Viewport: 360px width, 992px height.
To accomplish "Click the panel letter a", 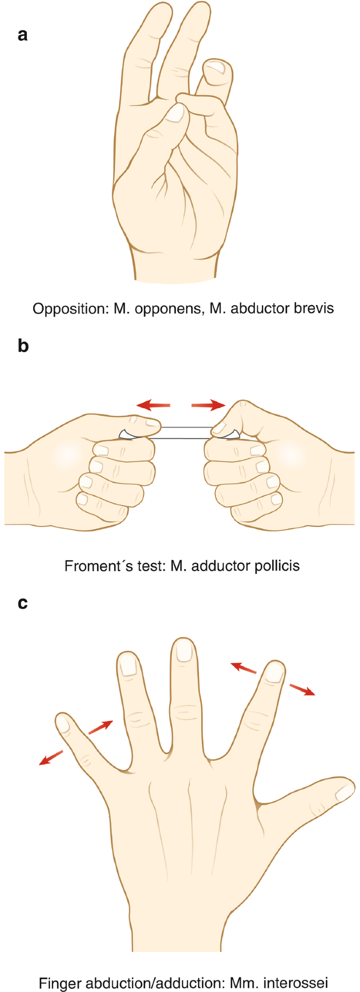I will point(23,36).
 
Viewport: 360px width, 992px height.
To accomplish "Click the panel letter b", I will point(23,346).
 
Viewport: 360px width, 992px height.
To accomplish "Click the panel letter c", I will point(23,603).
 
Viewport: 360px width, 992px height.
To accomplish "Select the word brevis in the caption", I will point(314,308).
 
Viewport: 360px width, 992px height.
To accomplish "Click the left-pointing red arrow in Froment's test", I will point(153,405).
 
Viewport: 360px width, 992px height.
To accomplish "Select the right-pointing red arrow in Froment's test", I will point(208,405).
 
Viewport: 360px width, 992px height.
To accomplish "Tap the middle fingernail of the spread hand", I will point(183,651).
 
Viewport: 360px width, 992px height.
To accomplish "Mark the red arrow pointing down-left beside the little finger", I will point(51,758).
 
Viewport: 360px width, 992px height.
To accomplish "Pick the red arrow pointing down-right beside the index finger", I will point(302,689).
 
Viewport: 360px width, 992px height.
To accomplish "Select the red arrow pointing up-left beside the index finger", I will point(244,668).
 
